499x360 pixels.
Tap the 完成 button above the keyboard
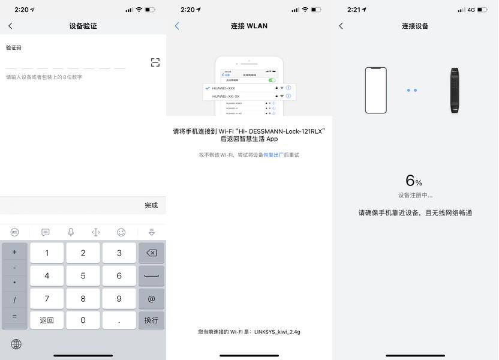(151, 205)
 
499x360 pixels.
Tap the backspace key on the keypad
(151, 253)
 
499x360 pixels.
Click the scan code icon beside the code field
(155, 62)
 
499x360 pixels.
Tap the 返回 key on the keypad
(47, 320)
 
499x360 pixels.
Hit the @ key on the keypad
(151, 298)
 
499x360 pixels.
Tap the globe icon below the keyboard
(16, 344)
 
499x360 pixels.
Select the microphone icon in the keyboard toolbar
(71, 232)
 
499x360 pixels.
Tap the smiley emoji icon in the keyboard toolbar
(121, 232)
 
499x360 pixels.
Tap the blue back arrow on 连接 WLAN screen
(177, 26)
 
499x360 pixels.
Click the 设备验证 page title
(83, 26)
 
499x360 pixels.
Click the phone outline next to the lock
(376, 90)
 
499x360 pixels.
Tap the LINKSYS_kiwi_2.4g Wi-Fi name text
(277, 332)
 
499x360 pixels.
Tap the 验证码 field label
(14, 47)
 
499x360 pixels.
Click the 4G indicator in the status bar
(471, 10)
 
